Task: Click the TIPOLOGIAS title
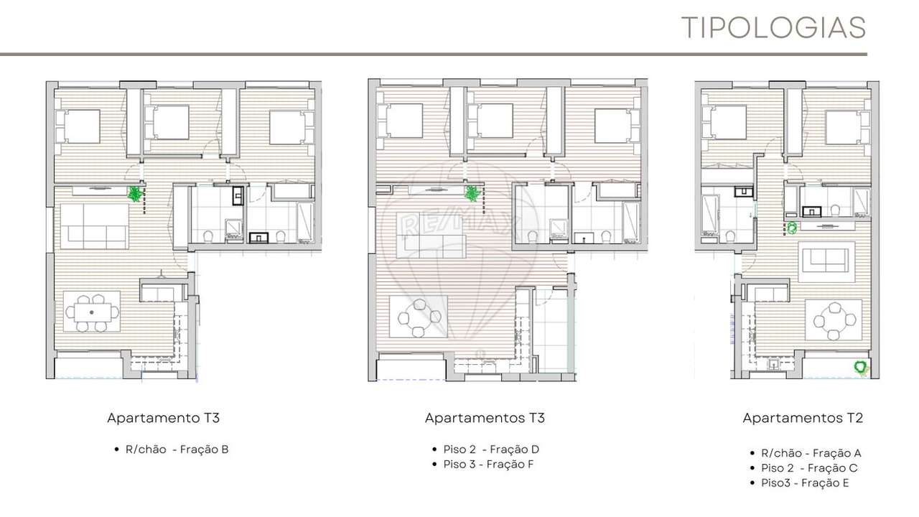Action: (773, 27)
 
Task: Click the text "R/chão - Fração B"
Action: (177, 450)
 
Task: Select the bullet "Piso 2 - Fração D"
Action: (491, 450)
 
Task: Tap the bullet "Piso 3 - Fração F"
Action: (488, 464)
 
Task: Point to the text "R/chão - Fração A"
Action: (811, 453)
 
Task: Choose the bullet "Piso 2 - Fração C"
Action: (809, 468)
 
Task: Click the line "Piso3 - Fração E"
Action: (805, 483)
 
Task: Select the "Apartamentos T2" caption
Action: (803, 418)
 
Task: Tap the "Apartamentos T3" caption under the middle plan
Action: (485, 418)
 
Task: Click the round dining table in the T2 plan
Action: (834, 320)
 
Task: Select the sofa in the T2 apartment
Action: (826, 261)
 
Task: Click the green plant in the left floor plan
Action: (134, 193)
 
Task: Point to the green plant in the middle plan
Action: (472, 193)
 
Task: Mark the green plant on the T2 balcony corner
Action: (860, 367)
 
